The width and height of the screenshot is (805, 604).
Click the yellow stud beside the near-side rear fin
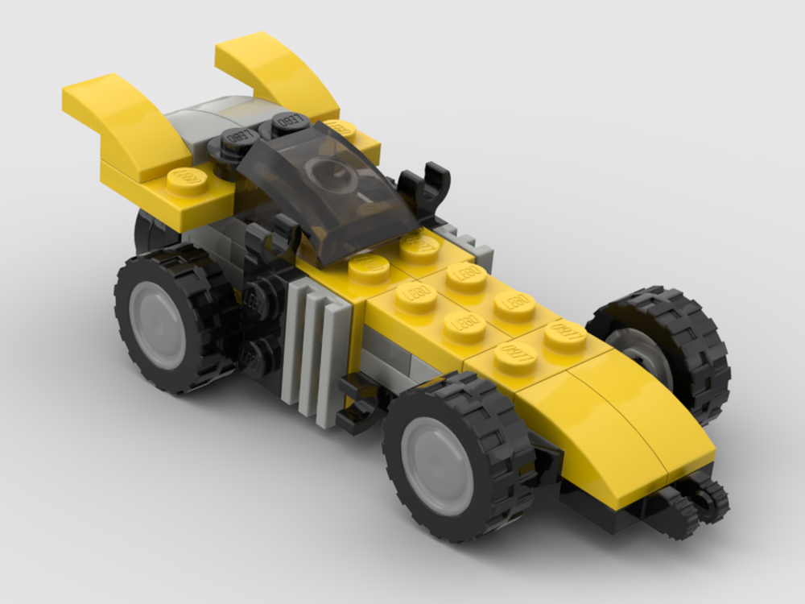[187, 179]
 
